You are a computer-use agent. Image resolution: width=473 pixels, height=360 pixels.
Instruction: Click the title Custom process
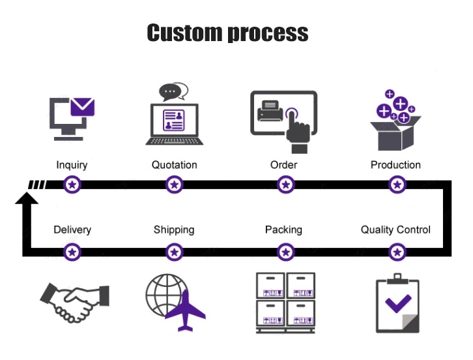[227, 33]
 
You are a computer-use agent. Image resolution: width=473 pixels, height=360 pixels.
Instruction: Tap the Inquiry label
[72, 165]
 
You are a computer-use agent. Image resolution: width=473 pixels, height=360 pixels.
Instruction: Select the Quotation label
[174, 165]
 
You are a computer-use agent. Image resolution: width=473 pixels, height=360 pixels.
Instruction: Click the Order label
[283, 165]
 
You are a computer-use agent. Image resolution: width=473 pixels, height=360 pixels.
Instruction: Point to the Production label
[395, 165]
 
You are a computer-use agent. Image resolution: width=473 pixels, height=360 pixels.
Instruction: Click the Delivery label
[72, 230]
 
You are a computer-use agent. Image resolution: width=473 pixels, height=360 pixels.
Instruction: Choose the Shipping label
[174, 230]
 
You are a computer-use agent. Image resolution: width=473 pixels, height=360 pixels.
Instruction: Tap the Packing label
[283, 230]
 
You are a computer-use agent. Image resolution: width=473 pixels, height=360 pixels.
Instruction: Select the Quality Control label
[395, 230]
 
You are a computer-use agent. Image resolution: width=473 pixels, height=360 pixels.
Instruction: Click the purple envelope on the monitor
[83, 106]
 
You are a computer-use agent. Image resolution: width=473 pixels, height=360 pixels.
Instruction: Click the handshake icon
[74, 301]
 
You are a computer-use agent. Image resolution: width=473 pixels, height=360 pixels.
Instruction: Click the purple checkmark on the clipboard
[397, 302]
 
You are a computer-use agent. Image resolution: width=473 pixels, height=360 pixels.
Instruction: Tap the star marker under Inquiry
[73, 185]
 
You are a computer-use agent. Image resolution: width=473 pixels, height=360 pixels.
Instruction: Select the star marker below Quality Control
[397, 252]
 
